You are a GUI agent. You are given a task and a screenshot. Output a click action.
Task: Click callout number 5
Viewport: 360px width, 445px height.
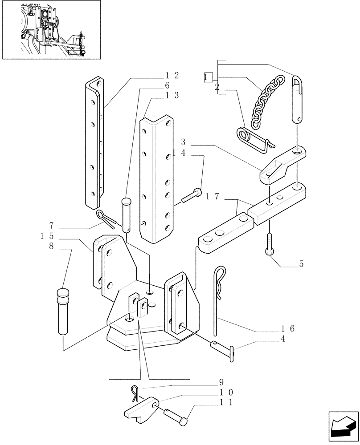pos(301,264)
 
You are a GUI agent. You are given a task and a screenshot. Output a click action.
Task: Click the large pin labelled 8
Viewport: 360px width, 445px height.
pos(62,311)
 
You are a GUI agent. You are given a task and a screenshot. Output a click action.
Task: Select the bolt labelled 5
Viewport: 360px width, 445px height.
pos(270,243)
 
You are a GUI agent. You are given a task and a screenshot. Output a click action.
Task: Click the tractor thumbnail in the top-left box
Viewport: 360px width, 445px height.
pos(52,30)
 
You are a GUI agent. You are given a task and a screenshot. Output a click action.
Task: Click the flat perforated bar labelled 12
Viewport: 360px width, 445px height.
pos(95,142)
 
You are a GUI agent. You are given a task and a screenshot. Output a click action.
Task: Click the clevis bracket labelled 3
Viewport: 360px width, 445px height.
pos(281,165)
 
